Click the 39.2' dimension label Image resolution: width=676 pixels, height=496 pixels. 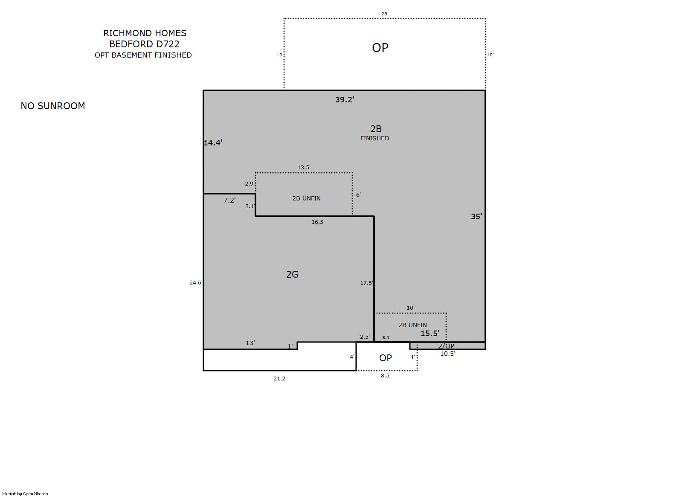pos(345,99)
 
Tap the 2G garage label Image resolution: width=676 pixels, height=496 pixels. pos(292,274)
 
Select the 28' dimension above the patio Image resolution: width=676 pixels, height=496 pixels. pos(384,14)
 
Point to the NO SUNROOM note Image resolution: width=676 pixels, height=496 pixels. pos(53,106)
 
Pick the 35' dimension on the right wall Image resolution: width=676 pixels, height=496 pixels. pos(476,216)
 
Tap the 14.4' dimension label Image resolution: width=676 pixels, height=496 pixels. pos(213,143)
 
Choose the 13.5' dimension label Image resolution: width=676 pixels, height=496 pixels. pos(304,168)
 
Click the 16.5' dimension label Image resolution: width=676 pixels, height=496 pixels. pos(318,222)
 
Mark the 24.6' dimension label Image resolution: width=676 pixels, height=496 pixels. pos(196,283)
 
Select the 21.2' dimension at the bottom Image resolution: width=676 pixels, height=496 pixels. pos(280,379)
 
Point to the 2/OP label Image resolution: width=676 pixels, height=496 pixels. pos(446,346)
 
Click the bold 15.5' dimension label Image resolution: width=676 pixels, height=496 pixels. pos(430,334)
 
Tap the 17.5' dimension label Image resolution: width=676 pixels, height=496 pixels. pos(366,283)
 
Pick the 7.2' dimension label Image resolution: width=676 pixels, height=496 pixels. pos(229,200)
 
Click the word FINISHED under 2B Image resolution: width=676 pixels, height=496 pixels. pos(374,138)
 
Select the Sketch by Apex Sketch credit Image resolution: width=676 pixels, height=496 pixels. pos(25,493)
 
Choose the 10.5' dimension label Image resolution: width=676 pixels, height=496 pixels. pos(447,354)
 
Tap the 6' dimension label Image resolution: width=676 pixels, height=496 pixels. pos(358,195)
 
